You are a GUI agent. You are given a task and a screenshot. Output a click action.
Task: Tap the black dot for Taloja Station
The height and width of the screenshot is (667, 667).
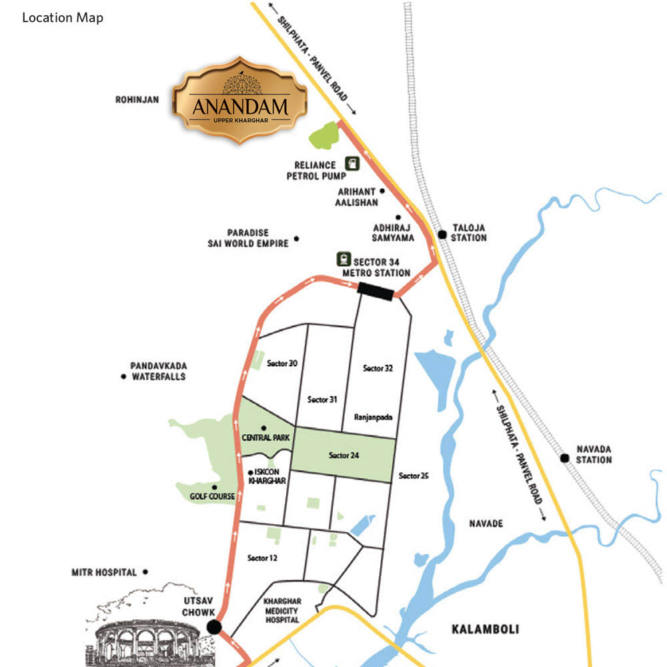click(442, 234)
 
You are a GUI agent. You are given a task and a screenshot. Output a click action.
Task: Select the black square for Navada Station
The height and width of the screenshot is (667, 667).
click(564, 458)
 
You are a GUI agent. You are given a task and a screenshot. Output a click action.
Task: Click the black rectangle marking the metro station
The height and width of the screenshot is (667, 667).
click(376, 288)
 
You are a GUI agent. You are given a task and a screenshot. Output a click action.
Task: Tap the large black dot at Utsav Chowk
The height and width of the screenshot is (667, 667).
click(214, 627)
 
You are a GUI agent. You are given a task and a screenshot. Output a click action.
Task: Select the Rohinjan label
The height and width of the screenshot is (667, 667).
click(137, 100)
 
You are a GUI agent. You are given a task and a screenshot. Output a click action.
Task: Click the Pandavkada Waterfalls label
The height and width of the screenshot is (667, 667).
click(158, 372)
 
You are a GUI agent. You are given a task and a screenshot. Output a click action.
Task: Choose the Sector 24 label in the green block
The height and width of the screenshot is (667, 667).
click(344, 456)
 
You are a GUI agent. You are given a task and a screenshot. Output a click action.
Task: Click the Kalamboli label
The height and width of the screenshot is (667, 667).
click(485, 629)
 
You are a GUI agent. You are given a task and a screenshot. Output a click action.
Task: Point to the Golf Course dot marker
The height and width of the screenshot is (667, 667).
click(214, 487)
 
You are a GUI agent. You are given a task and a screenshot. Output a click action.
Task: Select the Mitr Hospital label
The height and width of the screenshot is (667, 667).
click(103, 572)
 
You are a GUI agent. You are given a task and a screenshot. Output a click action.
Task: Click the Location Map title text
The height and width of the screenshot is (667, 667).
click(63, 18)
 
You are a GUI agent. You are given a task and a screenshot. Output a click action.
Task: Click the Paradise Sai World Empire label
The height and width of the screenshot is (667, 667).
click(248, 238)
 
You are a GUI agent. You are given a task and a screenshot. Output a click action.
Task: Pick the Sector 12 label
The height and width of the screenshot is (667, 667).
click(261, 558)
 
